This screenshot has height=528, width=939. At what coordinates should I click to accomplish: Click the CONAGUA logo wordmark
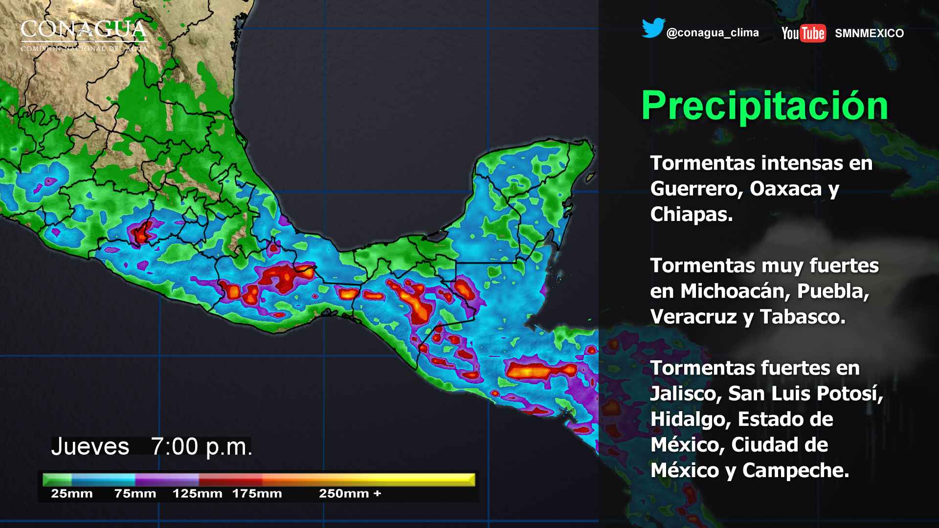point(84,30)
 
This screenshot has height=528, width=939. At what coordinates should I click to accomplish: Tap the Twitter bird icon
point(653,28)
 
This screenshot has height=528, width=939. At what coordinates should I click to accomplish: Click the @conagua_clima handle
point(713,33)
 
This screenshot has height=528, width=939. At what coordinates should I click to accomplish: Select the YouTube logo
point(804,33)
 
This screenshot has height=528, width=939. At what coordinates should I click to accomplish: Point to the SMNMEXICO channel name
point(869,33)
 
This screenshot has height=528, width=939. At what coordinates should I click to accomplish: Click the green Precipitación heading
point(764,106)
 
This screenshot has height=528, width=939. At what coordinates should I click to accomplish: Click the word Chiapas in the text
point(691,214)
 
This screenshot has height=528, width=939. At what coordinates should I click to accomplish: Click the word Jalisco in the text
point(686,394)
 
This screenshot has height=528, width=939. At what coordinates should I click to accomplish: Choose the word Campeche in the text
point(795,470)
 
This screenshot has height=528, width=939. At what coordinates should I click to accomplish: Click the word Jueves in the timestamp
point(90,447)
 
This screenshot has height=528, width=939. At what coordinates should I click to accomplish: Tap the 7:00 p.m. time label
point(201,447)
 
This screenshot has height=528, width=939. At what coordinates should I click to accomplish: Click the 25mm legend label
point(71,494)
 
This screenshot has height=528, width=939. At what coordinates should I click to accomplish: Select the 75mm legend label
point(135,494)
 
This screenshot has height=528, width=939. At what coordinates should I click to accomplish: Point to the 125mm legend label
point(197,494)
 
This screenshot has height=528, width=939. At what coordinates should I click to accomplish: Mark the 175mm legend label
point(257,494)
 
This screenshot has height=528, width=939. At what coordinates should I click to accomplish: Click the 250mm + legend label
point(350,494)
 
